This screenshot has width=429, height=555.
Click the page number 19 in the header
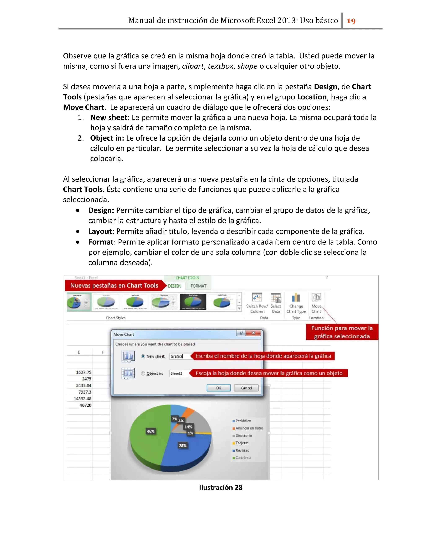[x=351, y=21]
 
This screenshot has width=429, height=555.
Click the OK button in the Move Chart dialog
[x=218, y=388]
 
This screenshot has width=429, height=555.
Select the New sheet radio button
[x=143, y=356]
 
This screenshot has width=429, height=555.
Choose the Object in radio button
[x=143, y=373]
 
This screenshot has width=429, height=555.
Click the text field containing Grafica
[x=180, y=356]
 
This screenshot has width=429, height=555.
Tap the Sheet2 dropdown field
[x=180, y=373]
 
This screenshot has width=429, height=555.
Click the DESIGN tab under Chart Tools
[x=175, y=286]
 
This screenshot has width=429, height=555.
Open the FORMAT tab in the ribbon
[x=199, y=286]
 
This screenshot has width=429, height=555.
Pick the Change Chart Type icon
[x=296, y=297]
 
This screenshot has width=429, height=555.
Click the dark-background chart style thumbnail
[x=193, y=302]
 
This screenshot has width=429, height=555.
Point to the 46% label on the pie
[x=150, y=431]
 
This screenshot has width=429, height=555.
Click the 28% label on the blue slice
[x=182, y=445]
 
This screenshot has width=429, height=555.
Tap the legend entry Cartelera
[x=243, y=458]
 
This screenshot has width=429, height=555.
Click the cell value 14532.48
[x=83, y=399]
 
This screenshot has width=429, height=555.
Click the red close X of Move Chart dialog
[x=253, y=333]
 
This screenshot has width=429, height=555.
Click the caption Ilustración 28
[x=221, y=487]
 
